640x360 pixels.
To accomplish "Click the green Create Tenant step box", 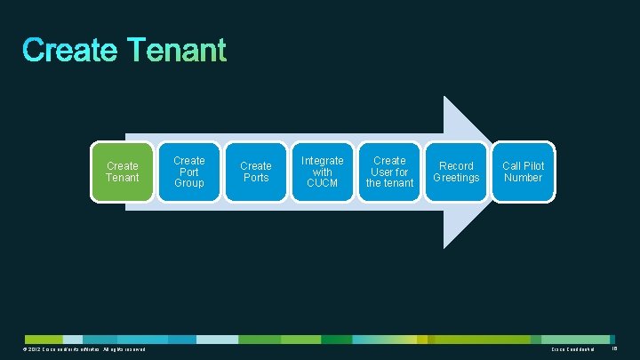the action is point(122,172).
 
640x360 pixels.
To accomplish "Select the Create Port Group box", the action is point(188,172).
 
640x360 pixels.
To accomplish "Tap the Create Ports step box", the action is point(256,172).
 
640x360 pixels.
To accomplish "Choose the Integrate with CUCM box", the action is point(323,172).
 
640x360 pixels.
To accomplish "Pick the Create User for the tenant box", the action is point(389,172).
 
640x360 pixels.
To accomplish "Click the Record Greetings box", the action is point(456,172).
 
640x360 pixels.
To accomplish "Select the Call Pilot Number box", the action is point(523,172).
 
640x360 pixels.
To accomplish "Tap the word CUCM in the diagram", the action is point(323,183).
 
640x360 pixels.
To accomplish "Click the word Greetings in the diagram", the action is point(456,178).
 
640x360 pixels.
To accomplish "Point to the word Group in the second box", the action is point(188,183).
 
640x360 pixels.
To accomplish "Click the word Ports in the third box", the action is point(256,178).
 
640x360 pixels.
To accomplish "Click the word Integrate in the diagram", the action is point(323,160).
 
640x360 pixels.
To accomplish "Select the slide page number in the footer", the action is point(613,349).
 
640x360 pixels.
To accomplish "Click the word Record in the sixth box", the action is point(456,166).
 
